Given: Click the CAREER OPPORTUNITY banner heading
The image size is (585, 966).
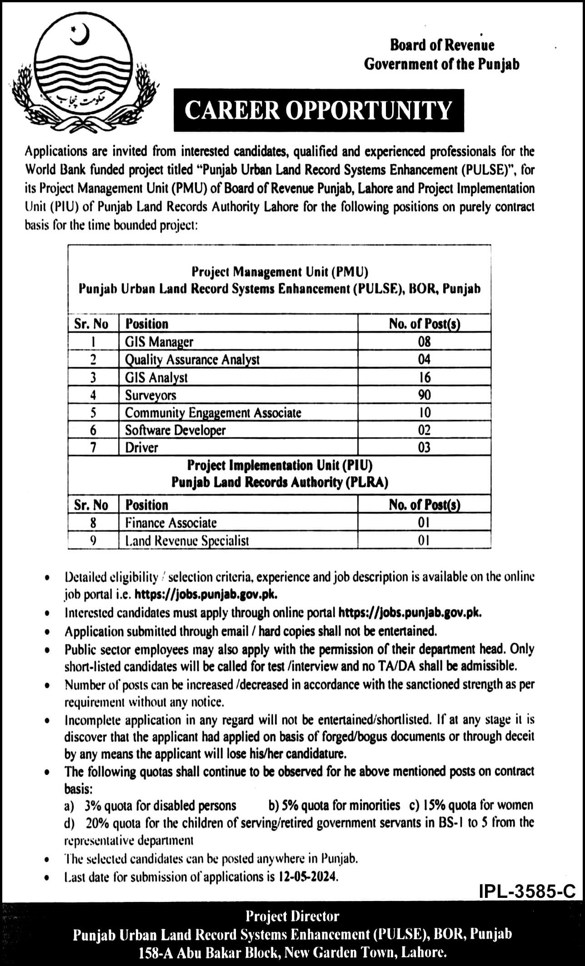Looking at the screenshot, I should [x=318, y=110].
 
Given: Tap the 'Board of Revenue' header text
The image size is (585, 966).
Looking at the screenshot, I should [x=442, y=45].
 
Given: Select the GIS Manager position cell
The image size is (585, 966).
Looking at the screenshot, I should [x=159, y=342].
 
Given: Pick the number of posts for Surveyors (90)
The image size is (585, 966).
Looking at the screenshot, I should [x=424, y=395].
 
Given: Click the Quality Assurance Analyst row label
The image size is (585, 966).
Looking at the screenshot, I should [x=192, y=359].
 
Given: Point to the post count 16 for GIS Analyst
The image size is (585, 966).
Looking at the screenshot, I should [x=424, y=377].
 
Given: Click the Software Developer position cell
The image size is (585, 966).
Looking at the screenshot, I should [x=175, y=430].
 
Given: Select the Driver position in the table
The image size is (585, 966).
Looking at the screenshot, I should [x=142, y=448].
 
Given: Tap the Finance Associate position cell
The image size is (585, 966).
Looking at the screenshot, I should [x=171, y=523].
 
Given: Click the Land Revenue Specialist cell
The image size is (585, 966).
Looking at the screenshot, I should [x=187, y=540].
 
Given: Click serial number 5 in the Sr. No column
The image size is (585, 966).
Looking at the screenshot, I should [x=93, y=413].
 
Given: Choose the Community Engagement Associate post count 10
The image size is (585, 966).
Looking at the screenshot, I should [x=424, y=413].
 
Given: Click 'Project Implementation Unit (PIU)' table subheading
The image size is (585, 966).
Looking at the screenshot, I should [x=280, y=465].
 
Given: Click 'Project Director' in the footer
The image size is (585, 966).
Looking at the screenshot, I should [x=292, y=916].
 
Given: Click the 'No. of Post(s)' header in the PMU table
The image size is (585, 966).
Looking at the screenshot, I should [x=424, y=324].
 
